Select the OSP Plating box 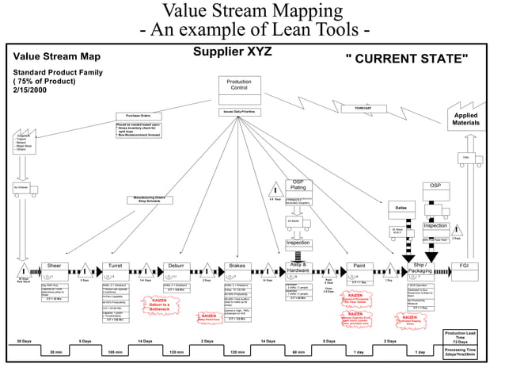(298, 186)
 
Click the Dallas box (401, 207)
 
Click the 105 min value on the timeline (115, 351)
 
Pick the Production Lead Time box (460, 337)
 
